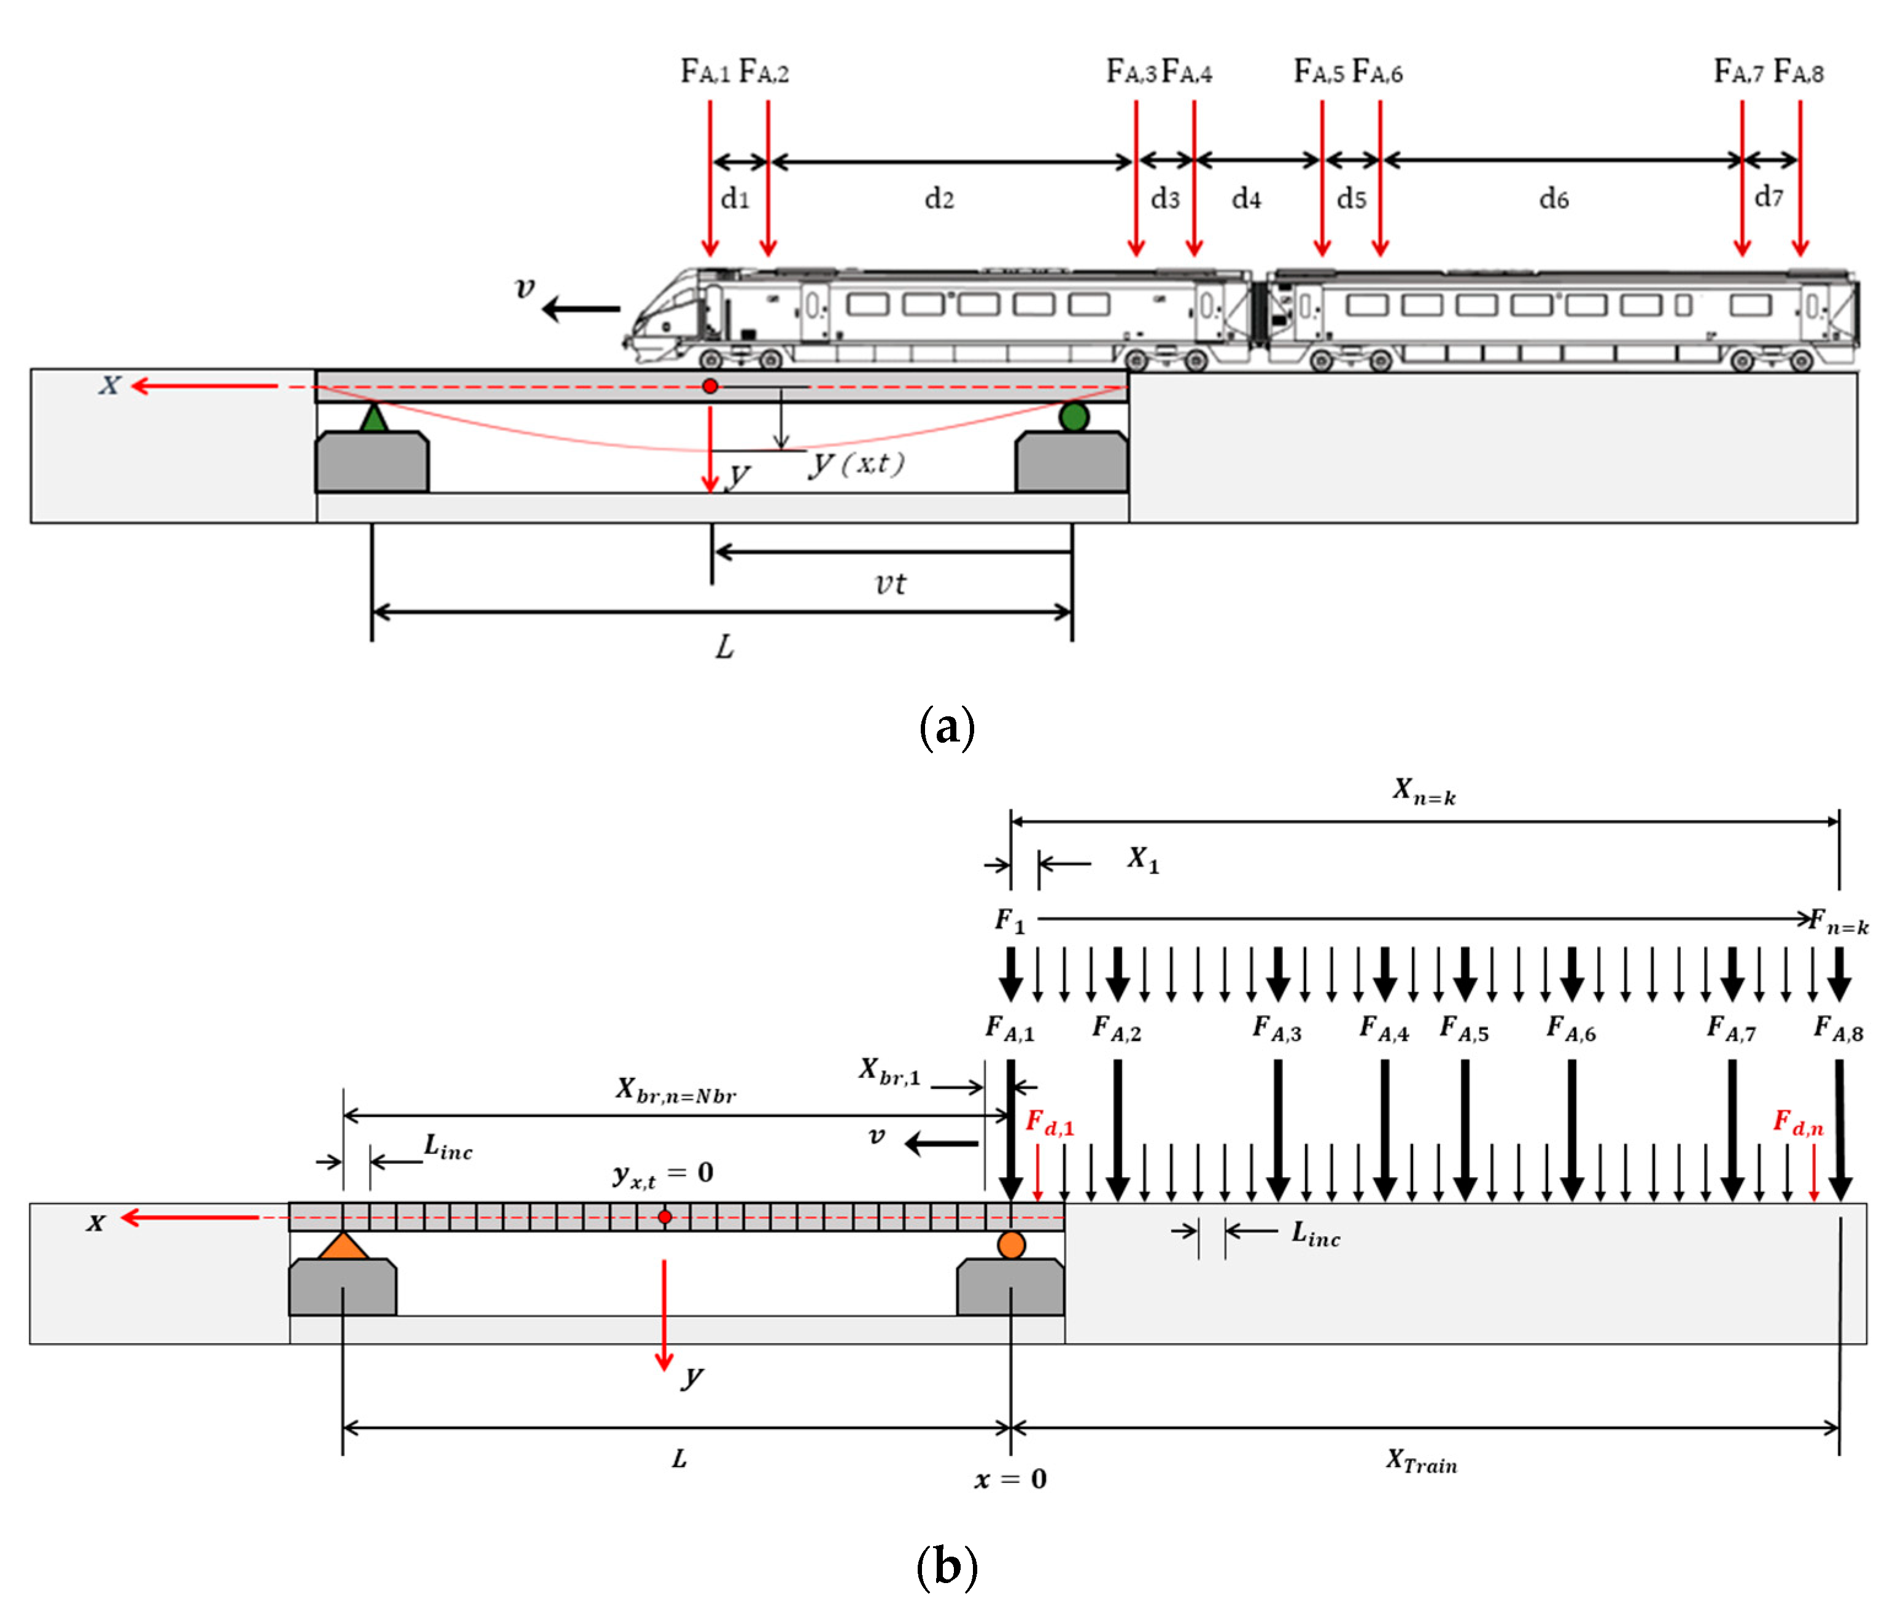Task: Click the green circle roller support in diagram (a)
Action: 1074,417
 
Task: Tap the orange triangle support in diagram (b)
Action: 343,1247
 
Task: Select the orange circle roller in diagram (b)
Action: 1012,1244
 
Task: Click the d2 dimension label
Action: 939,199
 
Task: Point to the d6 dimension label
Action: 1554,199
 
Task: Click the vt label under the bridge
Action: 890,583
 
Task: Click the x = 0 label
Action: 1010,1479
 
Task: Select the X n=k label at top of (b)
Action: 1423,792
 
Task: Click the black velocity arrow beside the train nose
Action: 581,310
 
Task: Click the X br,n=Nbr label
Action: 675,1090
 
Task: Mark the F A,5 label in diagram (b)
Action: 1463,1029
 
